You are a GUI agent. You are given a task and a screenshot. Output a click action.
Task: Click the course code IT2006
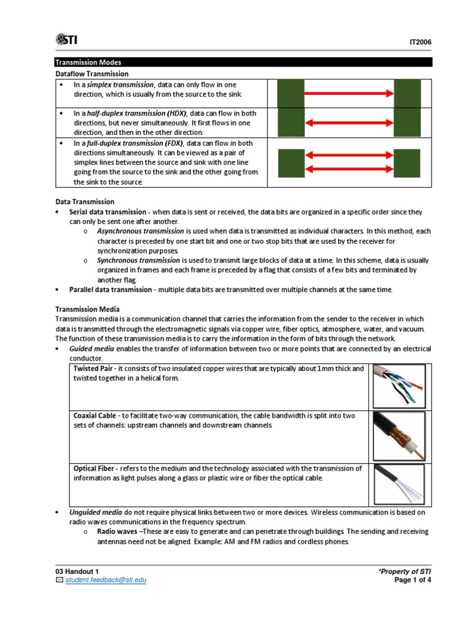(420, 42)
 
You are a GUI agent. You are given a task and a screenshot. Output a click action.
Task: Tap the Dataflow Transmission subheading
(92, 74)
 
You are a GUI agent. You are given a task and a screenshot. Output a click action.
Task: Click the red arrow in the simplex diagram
(349, 94)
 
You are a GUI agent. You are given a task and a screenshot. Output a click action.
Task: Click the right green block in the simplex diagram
(407, 94)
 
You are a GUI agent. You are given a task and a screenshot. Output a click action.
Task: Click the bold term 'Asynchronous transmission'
(132, 231)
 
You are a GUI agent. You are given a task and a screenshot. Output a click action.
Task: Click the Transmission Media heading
(87, 309)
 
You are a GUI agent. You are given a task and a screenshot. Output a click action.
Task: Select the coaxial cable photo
(399, 436)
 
